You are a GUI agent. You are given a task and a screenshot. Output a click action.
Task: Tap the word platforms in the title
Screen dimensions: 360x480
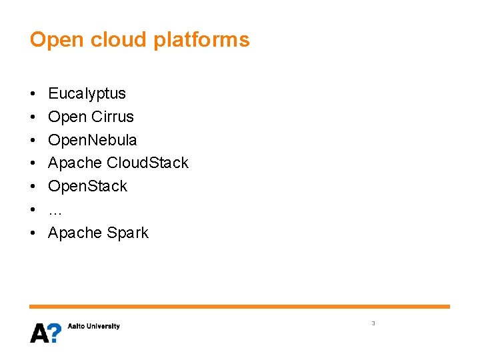[201, 41]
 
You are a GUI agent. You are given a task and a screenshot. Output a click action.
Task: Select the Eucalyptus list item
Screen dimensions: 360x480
[87, 94]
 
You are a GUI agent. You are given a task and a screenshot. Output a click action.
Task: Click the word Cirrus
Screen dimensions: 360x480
[113, 117]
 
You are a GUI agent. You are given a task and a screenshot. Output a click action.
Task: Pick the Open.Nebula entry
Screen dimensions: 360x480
[93, 140]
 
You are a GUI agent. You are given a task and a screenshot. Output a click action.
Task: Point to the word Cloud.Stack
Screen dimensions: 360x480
[147, 163]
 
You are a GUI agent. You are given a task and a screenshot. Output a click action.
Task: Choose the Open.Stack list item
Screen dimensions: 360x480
[87, 186]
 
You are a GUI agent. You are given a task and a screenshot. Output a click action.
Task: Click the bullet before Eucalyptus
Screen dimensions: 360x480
[33, 94]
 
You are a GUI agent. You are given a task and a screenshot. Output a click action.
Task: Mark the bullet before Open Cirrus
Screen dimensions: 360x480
[33, 117]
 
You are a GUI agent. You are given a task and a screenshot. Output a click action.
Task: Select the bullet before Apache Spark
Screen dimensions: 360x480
[33, 233]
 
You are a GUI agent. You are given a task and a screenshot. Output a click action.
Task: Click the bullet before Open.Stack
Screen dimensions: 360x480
[33, 187]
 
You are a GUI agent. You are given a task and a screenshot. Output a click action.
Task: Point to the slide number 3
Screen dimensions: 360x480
[373, 323]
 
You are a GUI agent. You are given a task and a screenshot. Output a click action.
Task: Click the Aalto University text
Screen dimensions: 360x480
[94, 326]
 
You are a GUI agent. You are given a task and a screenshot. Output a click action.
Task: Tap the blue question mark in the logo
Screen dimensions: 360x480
[55, 332]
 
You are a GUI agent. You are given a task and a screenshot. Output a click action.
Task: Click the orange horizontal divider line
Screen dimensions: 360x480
[239, 307]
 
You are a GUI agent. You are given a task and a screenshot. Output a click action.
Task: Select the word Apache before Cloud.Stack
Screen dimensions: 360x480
[75, 163]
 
